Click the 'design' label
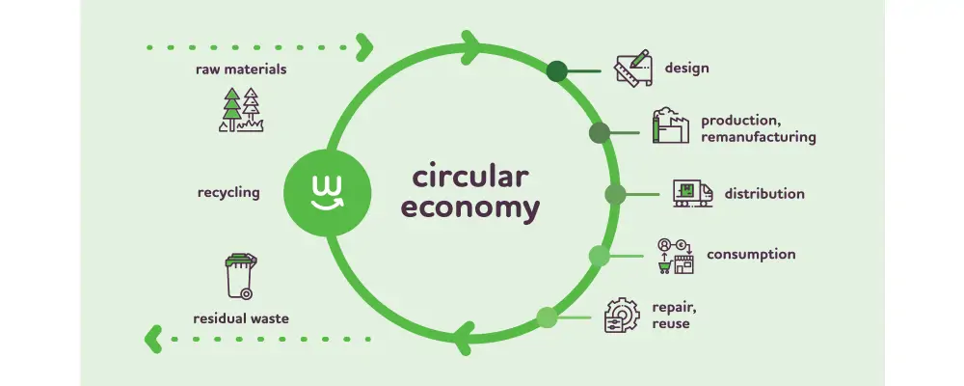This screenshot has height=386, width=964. pos(686,69)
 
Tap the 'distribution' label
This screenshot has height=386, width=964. pos(763,194)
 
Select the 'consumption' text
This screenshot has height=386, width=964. pos(751,255)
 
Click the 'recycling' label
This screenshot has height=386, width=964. pos(228,193)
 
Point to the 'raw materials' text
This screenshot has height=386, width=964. pos(241,69)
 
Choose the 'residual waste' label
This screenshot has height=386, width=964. pos(240,317)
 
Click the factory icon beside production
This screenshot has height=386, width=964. pos(672,126)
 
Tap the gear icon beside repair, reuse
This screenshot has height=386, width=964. pos(623,316)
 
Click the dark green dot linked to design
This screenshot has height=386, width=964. pos(557,70)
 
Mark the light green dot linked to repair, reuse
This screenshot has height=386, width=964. pos(547,317)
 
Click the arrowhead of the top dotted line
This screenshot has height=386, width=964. pos(364,45)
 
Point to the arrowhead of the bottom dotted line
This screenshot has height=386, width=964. pos(152,338)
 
